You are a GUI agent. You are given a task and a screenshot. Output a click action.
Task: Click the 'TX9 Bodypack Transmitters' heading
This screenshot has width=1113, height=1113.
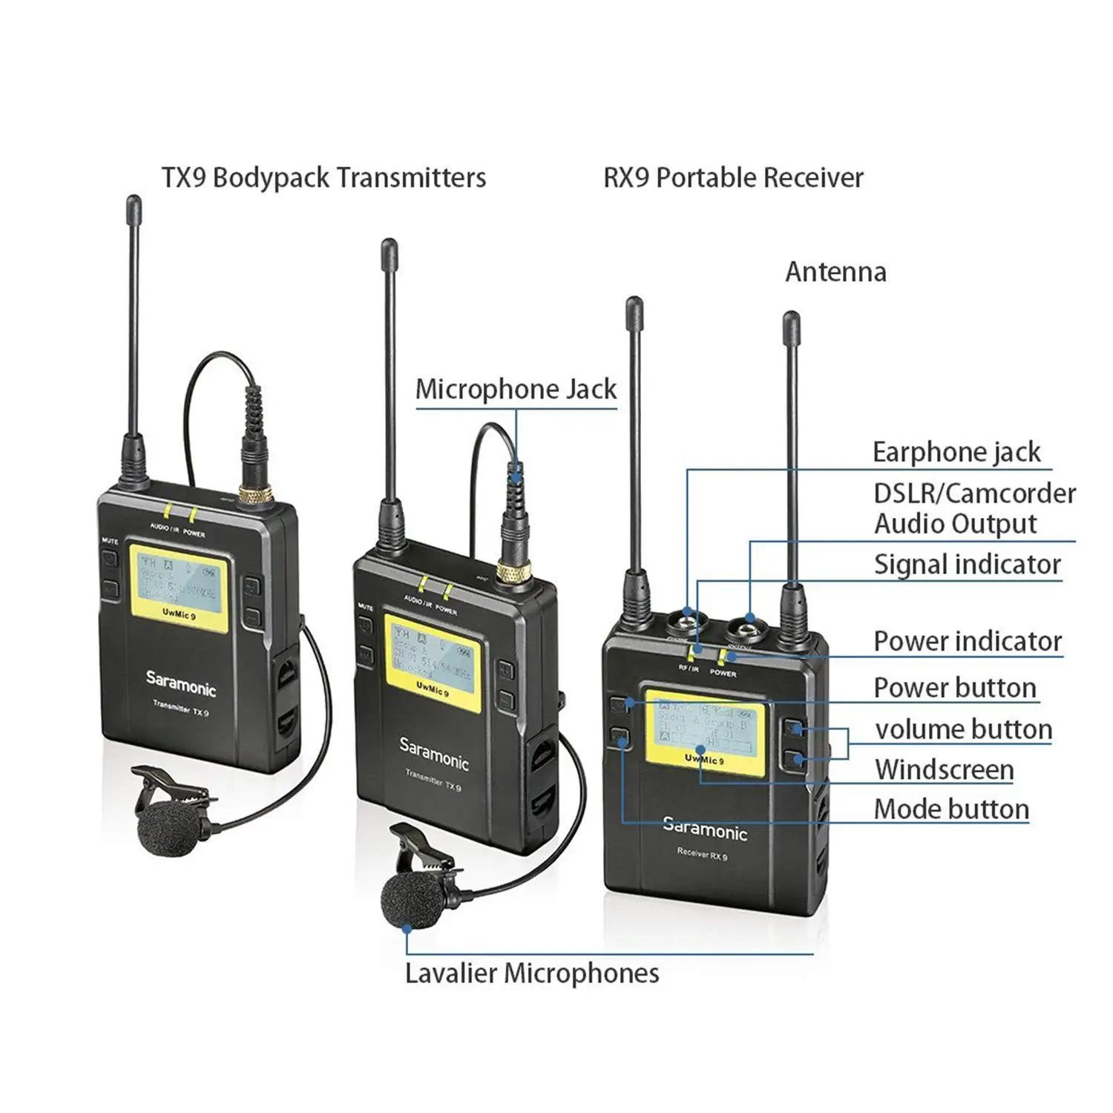click(x=324, y=178)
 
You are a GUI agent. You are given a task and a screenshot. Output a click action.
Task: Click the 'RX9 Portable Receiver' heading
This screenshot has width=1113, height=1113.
click(x=733, y=178)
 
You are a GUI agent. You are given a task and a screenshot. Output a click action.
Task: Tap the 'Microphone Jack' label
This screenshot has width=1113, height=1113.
click(x=516, y=390)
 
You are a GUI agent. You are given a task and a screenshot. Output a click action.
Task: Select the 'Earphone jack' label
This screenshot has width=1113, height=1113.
click(x=956, y=452)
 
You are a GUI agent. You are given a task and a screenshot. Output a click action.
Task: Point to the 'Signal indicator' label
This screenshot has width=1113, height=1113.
click(x=967, y=565)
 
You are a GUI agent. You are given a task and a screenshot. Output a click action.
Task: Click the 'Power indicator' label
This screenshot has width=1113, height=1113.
click(x=968, y=641)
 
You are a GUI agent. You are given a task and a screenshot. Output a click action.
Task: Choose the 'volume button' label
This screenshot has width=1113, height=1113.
click(x=963, y=729)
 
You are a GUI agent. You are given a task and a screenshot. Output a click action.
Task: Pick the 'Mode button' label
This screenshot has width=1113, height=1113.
click(x=951, y=809)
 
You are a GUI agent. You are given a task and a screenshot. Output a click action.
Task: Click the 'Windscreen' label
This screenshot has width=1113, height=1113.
click(x=944, y=769)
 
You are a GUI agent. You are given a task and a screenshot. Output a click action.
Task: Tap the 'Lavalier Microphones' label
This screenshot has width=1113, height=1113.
click(x=532, y=973)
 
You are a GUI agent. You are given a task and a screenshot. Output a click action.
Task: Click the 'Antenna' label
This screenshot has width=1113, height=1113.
click(x=835, y=272)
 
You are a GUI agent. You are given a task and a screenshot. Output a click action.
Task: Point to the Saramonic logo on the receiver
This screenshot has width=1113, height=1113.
click(x=704, y=829)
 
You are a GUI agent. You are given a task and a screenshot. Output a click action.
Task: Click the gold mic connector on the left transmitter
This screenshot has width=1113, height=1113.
click(x=253, y=496)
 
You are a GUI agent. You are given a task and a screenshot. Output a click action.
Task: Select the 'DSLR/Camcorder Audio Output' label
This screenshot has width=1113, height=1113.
click(x=974, y=508)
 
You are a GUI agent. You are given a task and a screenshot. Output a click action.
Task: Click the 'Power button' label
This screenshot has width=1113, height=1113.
click(x=954, y=688)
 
